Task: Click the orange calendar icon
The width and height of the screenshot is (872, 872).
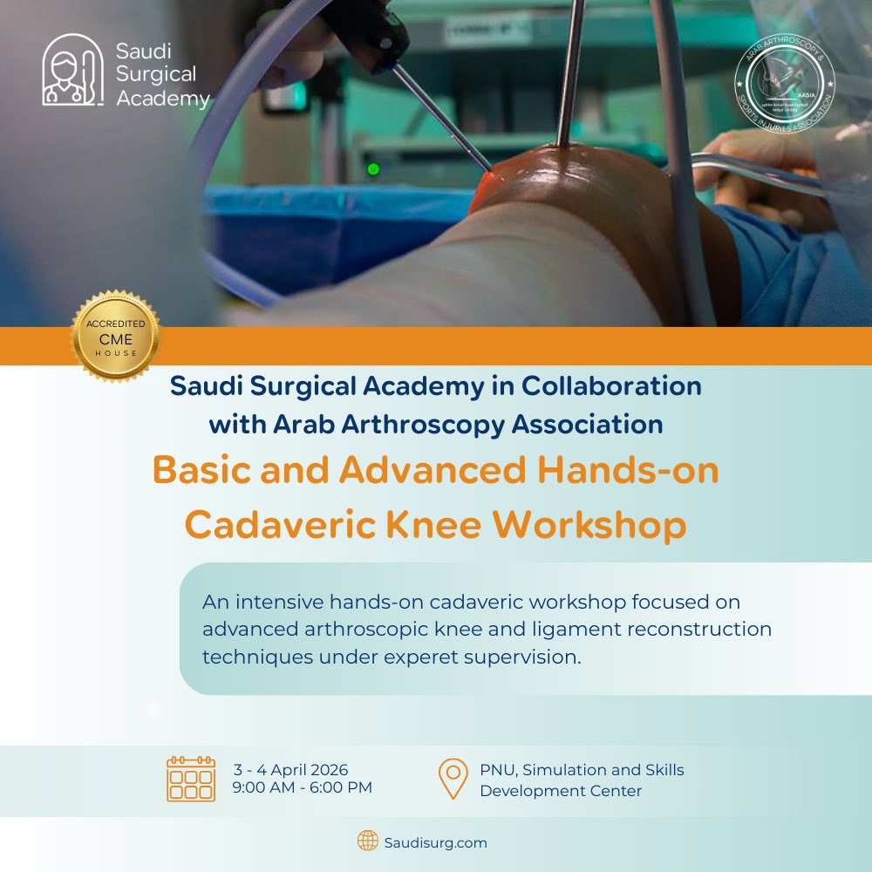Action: [191, 779]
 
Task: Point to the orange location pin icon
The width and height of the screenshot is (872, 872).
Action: [453, 778]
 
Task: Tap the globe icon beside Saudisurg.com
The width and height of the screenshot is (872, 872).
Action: [367, 841]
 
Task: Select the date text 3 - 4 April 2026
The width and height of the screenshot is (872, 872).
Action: [290, 770]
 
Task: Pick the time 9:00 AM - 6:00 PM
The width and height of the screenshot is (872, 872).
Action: [303, 787]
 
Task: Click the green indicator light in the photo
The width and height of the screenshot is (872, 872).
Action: [374, 168]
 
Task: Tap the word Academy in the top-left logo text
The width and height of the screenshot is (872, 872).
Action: [163, 99]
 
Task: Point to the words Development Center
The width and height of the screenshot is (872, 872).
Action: [561, 791]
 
